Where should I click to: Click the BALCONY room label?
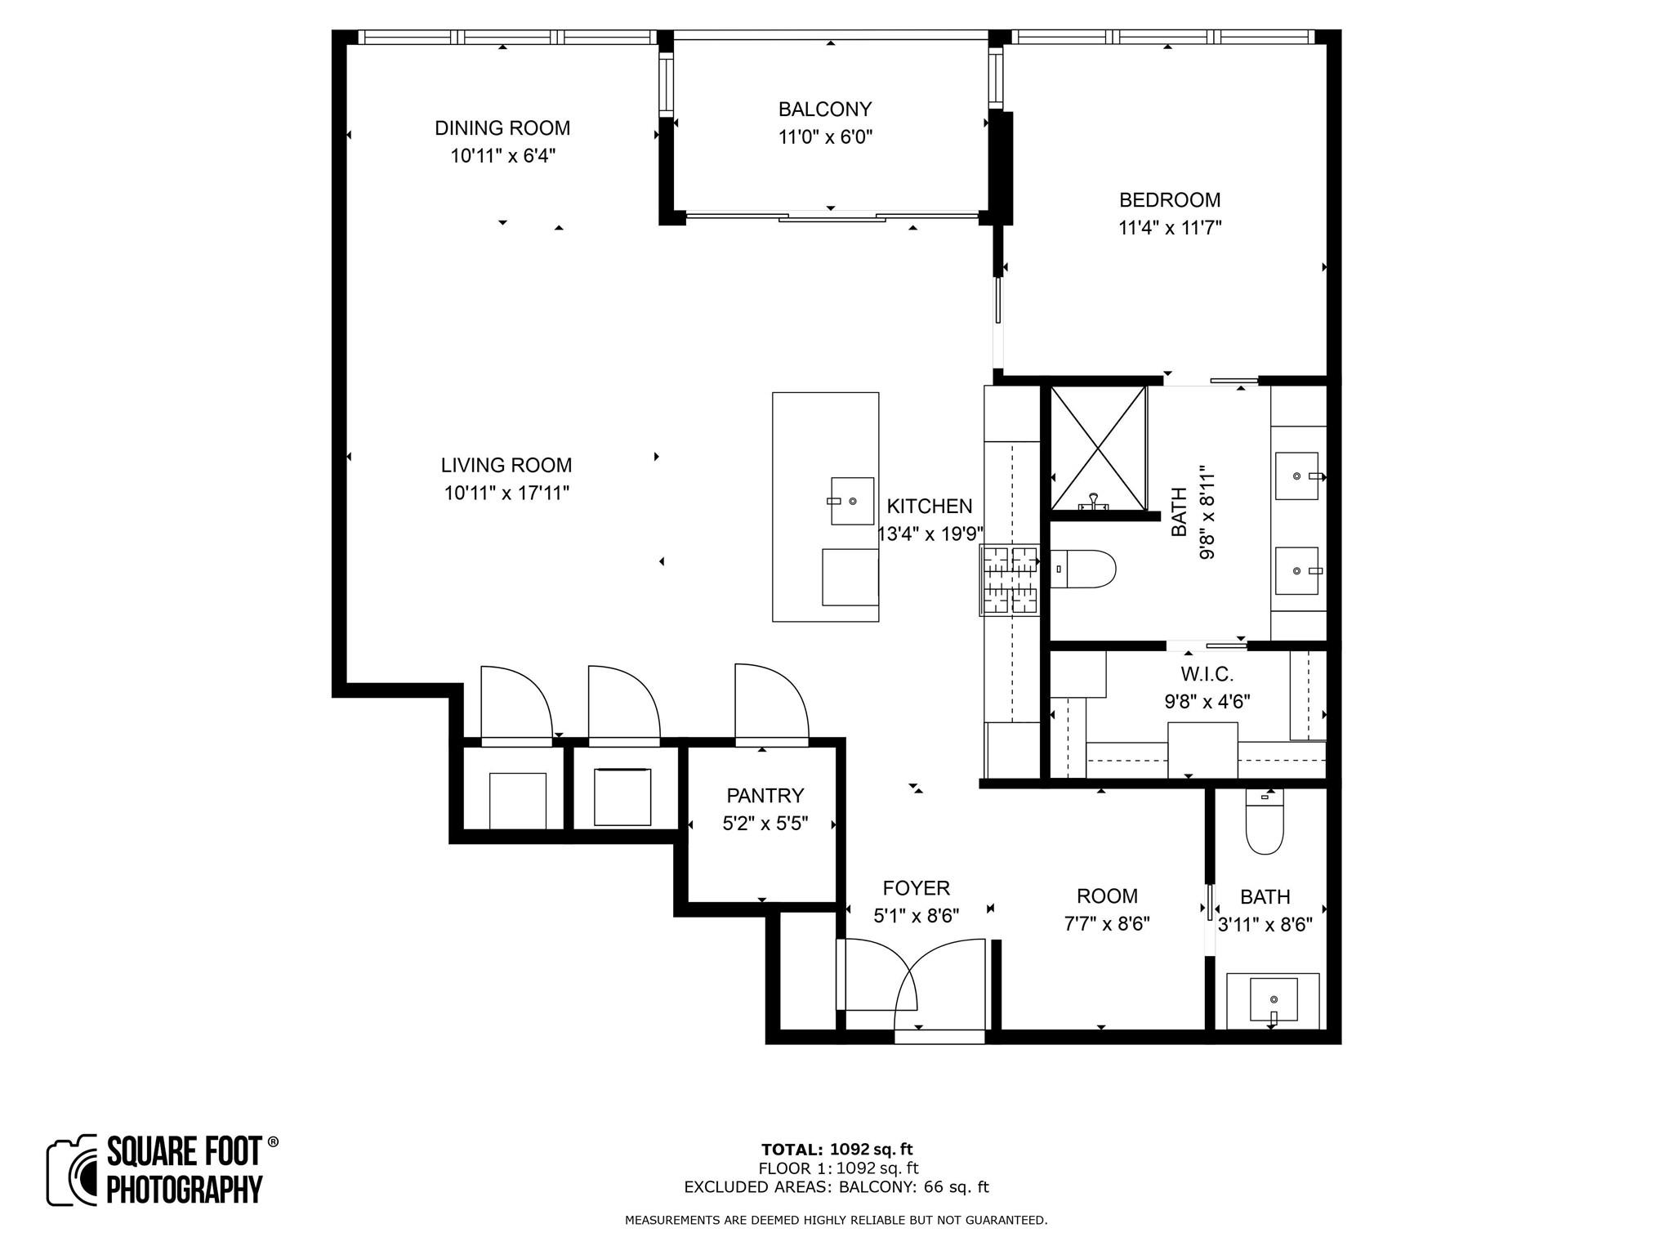click(x=825, y=109)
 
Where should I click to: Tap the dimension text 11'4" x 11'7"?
click(x=1169, y=228)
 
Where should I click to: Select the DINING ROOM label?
click(x=502, y=127)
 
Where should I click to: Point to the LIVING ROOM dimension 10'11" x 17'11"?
click(x=506, y=494)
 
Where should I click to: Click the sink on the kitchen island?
click(x=852, y=500)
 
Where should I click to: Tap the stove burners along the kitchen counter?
click(x=1010, y=580)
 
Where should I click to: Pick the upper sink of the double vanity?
click(x=1297, y=476)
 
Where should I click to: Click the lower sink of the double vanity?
click(x=1297, y=570)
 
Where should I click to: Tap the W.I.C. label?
click(x=1207, y=674)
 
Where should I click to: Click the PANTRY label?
click(x=765, y=795)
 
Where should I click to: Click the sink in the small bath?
click(x=1273, y=999)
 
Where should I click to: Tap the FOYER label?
click(x=916, y=888)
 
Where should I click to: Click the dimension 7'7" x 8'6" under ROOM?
click(x=1107, y=924)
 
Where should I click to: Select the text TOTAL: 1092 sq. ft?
click(x=836, y=1150)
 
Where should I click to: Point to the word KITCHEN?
click(x=930, y=506)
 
